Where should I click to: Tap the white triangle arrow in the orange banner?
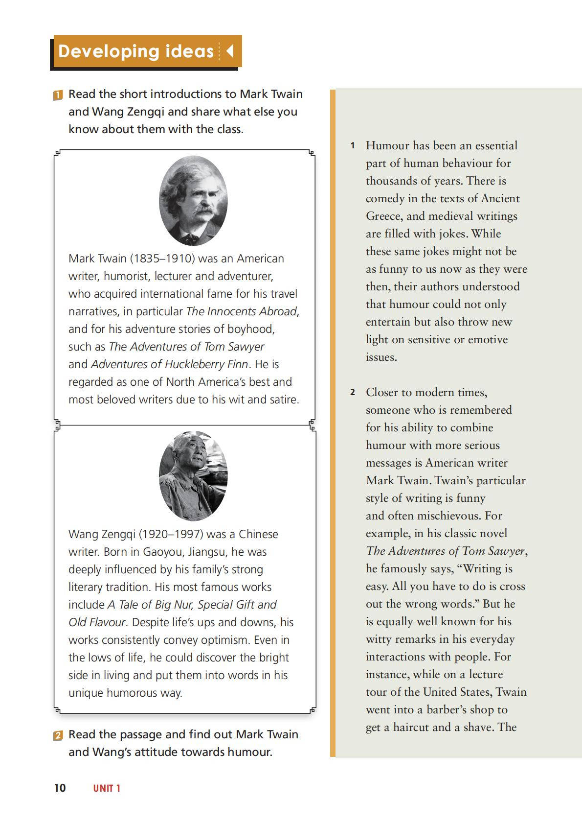tap(229, 51)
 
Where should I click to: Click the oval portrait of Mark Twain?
tap(193, 201)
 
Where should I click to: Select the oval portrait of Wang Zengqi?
tap(193, 476)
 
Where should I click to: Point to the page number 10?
tap(60, 788)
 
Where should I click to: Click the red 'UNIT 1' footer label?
tap(107, 788)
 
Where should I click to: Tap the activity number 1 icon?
tap(58, 95)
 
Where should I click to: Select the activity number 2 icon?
tap(58, 735)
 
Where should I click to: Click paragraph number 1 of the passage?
tap(352, 146)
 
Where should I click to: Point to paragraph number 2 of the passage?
tap(352, 393)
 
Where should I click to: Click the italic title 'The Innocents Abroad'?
tap(242, 311)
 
